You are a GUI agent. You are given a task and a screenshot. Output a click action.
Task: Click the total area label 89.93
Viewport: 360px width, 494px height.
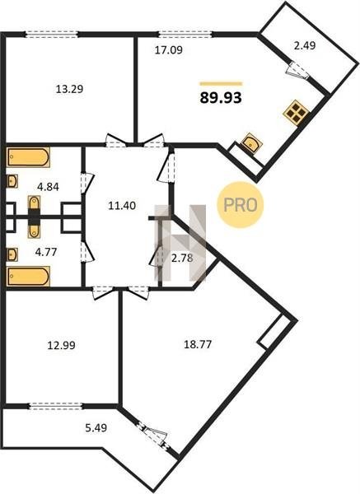[221, 98]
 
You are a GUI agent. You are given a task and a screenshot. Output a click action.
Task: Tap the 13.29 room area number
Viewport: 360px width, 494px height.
[69, 89]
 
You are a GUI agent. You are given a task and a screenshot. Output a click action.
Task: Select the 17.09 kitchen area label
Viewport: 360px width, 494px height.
[169, 50]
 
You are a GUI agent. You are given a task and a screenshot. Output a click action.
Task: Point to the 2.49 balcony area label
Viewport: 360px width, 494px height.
[305, 46]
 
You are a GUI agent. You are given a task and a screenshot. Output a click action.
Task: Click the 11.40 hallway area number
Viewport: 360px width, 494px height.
[122, 206]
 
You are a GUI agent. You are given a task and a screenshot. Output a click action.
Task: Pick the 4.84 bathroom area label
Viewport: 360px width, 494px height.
[48, 187]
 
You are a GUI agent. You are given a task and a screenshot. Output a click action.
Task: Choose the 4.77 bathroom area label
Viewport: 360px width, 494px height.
[46, 252]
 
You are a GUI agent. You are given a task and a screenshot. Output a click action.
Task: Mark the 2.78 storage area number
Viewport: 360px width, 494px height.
[182, 259]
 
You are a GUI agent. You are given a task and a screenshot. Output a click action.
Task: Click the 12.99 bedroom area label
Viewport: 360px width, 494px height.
[62, 345]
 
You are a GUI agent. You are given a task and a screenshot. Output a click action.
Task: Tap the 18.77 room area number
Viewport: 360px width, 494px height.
[198, 344]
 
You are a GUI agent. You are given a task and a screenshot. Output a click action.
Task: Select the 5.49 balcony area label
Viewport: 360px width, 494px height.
[96, 428]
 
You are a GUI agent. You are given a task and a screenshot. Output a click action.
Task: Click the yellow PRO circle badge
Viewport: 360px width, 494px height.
[241, 205]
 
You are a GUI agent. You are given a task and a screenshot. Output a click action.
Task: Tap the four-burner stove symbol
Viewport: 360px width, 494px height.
[296, 113]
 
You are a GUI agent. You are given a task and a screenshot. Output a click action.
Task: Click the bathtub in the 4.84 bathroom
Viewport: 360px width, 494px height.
[28, 157]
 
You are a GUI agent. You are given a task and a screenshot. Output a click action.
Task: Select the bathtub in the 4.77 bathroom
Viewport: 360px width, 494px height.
[28, 277]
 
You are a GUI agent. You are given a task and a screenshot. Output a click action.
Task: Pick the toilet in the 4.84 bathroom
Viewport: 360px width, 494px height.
[34, 205]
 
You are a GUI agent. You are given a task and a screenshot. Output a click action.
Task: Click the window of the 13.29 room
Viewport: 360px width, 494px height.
[51, 34]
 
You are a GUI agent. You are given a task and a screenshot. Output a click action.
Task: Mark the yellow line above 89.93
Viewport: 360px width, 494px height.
[221, 84]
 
